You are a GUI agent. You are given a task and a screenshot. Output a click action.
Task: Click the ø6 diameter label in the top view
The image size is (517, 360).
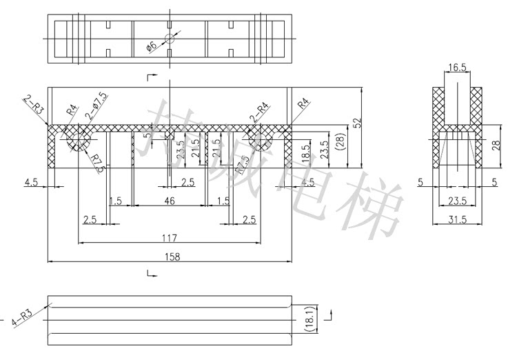[152, 47]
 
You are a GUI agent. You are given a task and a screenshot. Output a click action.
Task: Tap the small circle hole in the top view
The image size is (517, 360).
[170, 40]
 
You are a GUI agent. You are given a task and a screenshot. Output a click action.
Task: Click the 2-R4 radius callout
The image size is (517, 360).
[259, 108]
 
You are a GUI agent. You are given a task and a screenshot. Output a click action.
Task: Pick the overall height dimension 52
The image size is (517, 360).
[357, 123]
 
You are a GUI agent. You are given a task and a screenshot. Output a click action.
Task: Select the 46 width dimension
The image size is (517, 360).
[170, 201]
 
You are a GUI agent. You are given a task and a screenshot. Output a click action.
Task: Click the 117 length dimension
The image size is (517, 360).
[170, 238]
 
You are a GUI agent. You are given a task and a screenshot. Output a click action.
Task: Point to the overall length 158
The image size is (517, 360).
[170, 257]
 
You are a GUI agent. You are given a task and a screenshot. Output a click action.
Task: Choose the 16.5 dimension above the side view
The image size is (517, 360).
[456, 68]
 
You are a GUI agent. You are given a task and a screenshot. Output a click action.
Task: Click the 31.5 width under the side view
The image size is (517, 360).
[456, 219]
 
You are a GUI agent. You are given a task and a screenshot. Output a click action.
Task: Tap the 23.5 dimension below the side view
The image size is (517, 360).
[456, 201]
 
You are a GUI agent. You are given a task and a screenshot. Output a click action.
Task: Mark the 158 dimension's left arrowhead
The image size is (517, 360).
[50, 262]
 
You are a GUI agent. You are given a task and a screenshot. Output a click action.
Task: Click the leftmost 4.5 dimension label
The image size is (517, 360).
[31, 183]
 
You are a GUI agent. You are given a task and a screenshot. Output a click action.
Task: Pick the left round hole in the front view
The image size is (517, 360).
[78, 141]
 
